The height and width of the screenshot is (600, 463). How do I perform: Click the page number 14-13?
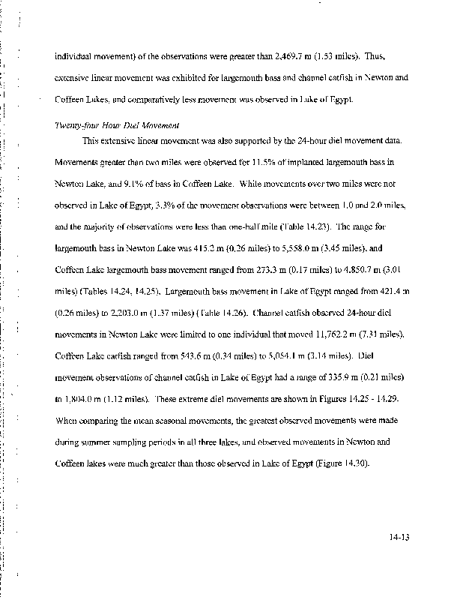(x=401, y=538)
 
